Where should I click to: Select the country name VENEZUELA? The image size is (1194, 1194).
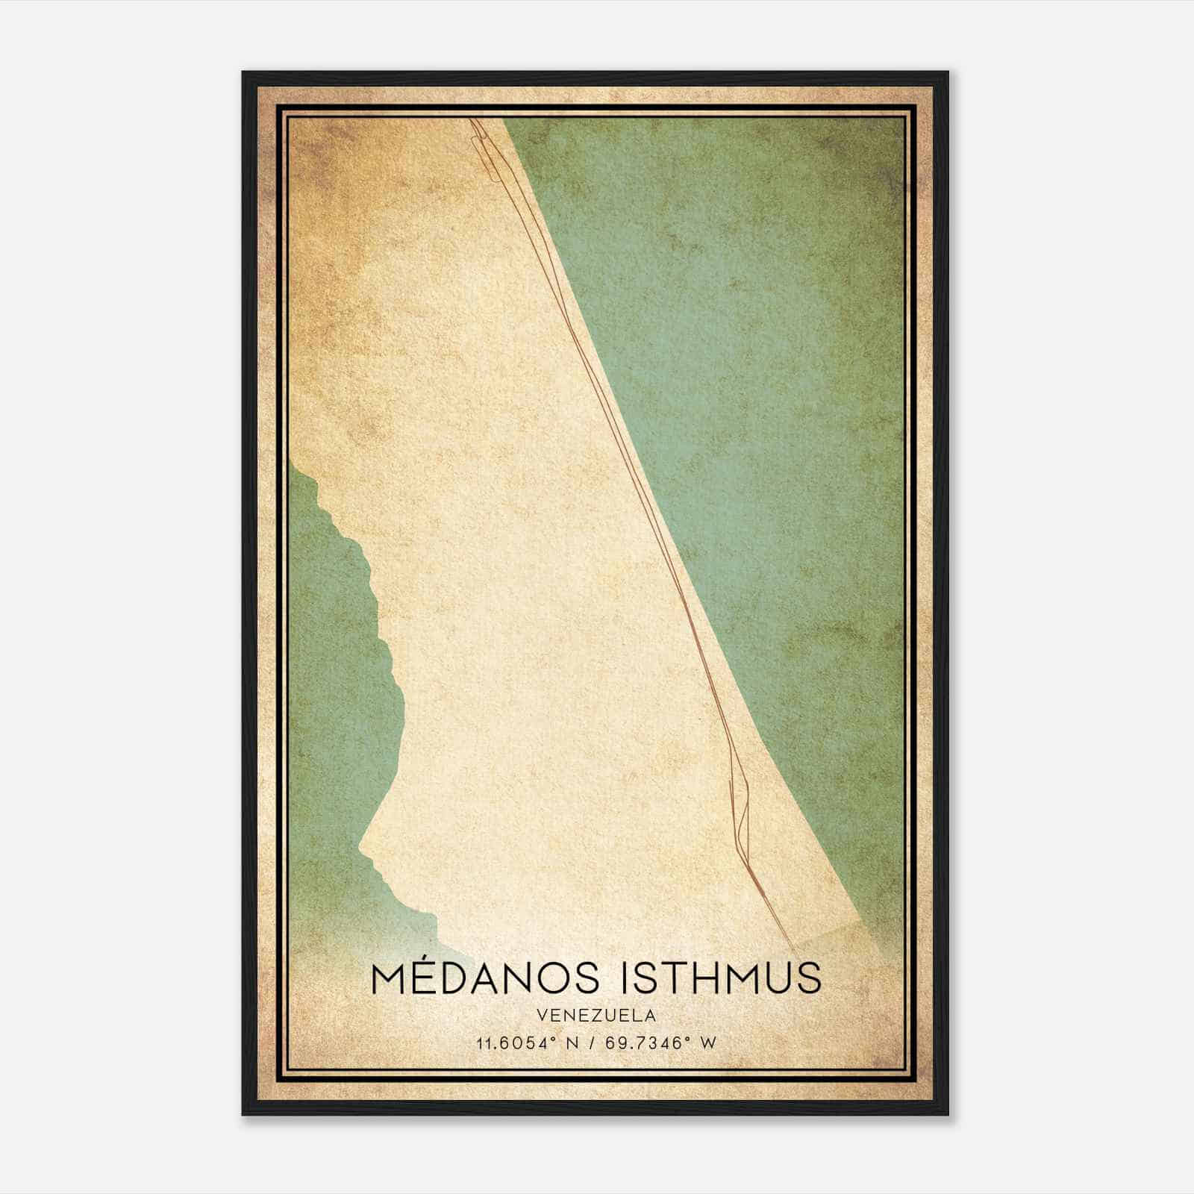596,1016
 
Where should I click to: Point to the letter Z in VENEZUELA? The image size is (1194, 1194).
596,1016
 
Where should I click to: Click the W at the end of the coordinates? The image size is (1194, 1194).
708,1043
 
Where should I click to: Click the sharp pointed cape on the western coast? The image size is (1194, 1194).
360,847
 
